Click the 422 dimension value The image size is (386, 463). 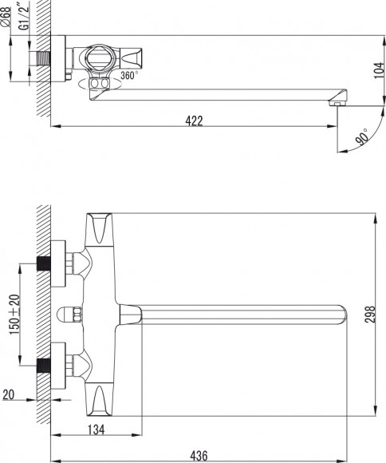[194, 121]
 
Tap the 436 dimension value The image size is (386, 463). [199, 456]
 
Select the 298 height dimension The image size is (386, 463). [370, 315]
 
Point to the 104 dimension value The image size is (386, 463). [380, 70]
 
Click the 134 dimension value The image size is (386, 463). [96, 430]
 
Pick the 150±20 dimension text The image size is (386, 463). [15, 315]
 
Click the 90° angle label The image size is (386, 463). [362, 137]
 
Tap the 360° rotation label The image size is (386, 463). [128, 76]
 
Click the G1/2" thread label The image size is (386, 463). [25, 16]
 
